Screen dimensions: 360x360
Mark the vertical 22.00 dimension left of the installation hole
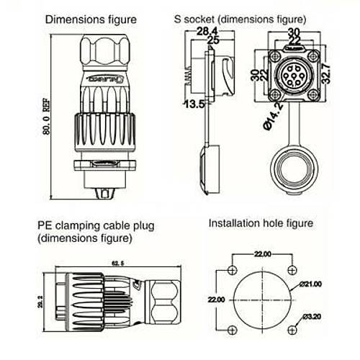pos(217,299)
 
